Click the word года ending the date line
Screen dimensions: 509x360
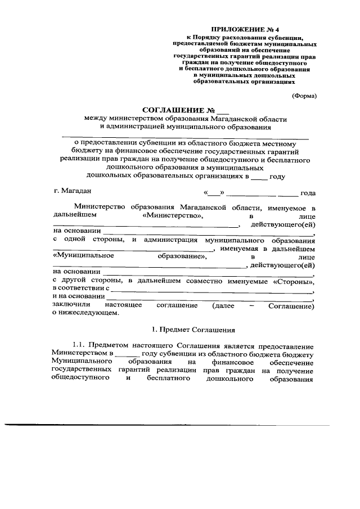pyautogui.click(x=308, y=193)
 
